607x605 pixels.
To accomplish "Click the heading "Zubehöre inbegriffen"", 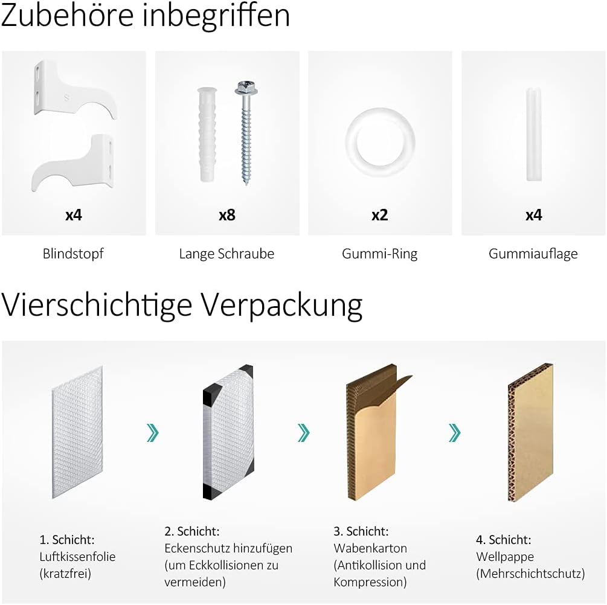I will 145,16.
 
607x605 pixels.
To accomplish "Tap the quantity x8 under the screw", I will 226,215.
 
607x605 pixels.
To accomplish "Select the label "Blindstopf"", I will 73,254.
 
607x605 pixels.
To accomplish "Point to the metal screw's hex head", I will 246,88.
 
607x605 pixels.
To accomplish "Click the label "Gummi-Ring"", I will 379,254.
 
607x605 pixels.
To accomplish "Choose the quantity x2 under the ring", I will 379,215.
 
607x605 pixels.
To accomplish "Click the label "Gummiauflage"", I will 533,254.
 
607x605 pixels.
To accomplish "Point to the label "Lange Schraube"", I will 226,254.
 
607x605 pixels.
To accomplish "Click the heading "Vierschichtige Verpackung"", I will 181,305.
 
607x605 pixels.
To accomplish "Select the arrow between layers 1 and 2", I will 152,432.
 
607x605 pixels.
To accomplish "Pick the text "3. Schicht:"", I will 361,531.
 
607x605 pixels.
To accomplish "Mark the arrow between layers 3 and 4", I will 454,432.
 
